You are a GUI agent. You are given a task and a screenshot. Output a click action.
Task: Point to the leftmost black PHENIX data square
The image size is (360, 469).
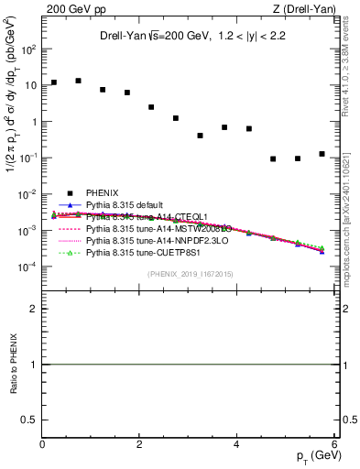(54, 82)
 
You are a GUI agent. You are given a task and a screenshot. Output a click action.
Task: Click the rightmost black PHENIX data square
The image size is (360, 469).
(322, 154)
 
